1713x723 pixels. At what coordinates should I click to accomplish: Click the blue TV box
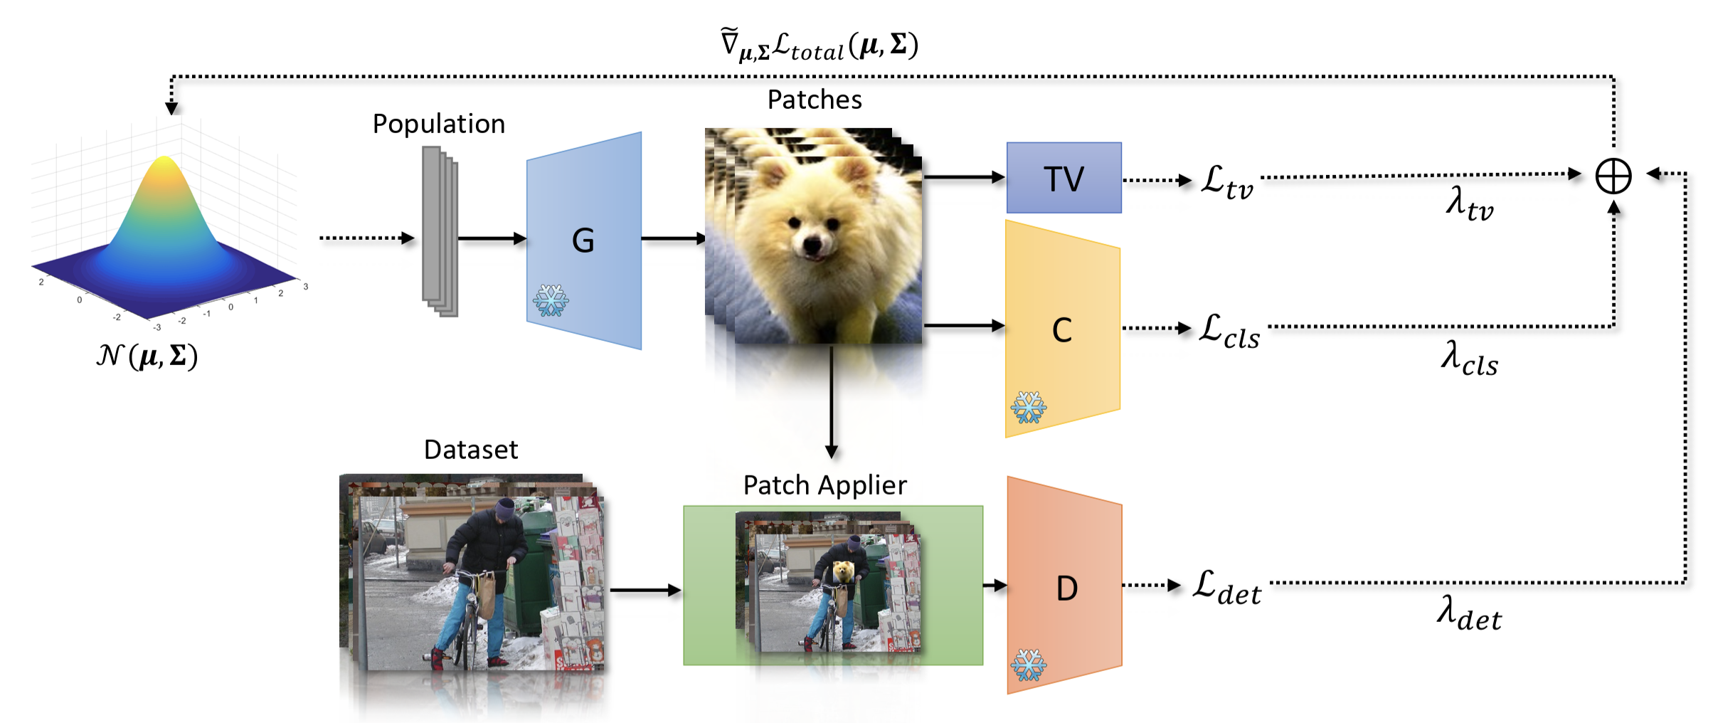1064,177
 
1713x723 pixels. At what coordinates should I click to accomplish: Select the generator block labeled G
583,241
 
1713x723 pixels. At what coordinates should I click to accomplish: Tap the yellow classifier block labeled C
1063,329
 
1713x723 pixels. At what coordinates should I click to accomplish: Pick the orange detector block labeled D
1064,585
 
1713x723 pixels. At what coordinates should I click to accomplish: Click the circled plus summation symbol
1613,176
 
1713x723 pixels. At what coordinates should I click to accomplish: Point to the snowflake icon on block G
551,300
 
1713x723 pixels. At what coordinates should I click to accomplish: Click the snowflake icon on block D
1029,665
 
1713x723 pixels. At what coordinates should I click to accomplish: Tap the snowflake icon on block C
1029,407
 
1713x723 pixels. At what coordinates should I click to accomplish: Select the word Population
439,125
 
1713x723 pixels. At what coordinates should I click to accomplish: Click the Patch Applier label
825,485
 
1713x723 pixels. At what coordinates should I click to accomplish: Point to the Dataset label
471,450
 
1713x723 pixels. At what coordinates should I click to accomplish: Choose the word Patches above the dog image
815,100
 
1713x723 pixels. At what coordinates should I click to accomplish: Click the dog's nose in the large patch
812,246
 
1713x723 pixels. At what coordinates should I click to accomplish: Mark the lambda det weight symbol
1469,613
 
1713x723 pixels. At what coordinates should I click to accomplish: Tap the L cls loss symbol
1229,331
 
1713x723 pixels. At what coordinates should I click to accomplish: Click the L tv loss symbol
1227,181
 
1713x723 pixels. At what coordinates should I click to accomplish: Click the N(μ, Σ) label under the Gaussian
147,355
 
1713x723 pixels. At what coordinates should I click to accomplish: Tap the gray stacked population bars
440,231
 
